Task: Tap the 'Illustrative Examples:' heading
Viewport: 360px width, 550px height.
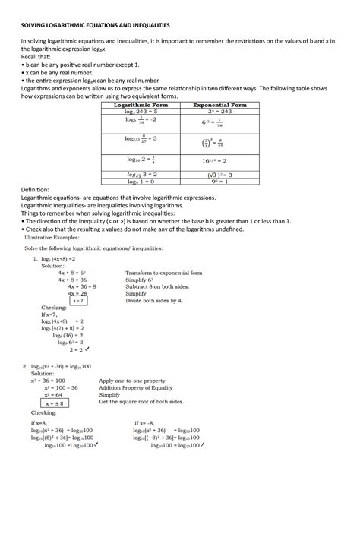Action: click(51, 236)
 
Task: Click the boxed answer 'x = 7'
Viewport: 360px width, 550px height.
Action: click(77, 301)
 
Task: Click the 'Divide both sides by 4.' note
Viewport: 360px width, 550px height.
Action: click(154, 300)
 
